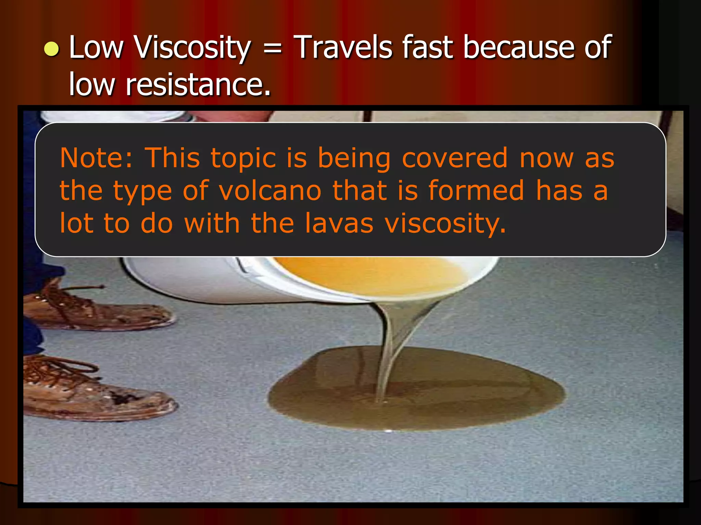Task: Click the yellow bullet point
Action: (52, 49)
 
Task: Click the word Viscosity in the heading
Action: (193, 48)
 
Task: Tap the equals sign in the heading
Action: (273, 49)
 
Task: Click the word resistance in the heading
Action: (198, 84)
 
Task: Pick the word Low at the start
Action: (96, 48)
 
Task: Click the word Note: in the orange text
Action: (96, 158)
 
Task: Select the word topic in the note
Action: (243, 159)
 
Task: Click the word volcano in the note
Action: (270, 191)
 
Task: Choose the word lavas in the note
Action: (339, 223)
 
